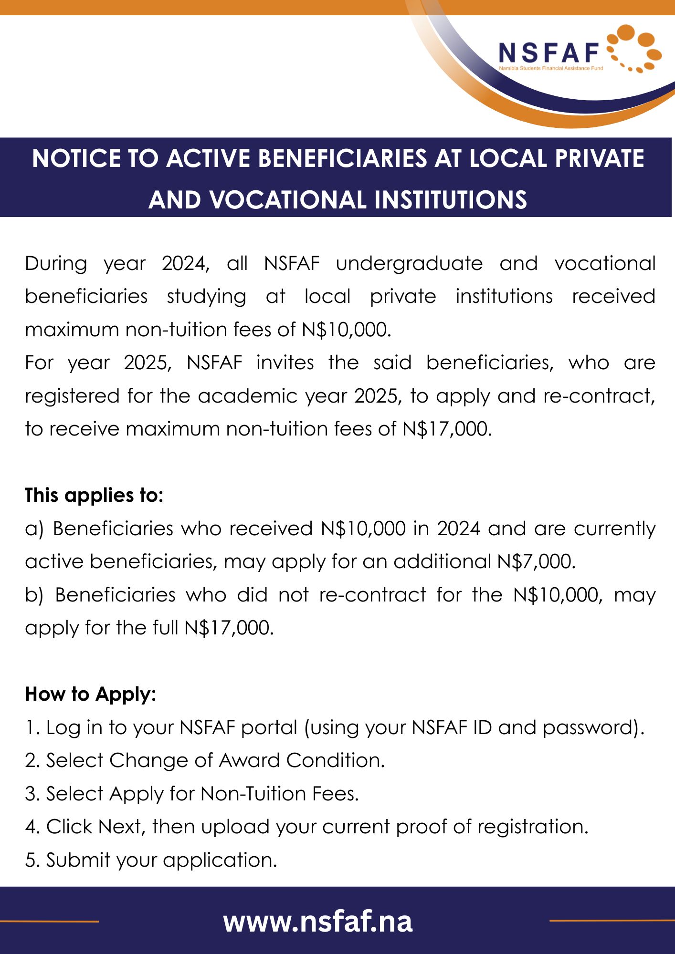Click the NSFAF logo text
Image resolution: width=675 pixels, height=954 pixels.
click(548, 52)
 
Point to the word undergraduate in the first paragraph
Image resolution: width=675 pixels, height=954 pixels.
click(409, 263)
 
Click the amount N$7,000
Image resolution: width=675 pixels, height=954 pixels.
click(536, 561)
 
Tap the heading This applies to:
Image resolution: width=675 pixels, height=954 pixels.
click(94, 495)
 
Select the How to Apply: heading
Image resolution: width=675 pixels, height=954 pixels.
click(91, 694)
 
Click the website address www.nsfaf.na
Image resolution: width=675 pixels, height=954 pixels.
click(317, 922)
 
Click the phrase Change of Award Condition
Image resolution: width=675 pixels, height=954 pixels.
click(246, 760)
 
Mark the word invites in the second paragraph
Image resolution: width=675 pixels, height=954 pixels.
click(285, 363)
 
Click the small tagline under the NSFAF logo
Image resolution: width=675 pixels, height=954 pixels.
click(551, 68)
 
